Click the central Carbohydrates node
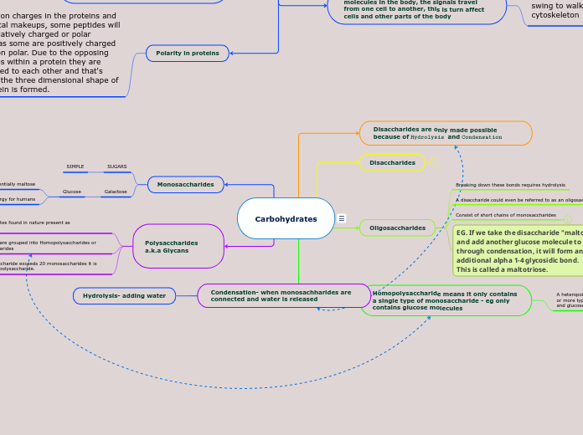point(286,218)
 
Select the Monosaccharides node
point(185,184)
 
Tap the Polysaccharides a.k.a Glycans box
point(178,247)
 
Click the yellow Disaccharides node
point(392,162)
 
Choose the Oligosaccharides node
point(397,227)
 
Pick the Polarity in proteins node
point(188,53)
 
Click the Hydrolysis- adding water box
point(124,295)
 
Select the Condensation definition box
point(283,295)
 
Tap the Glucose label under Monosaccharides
point(72,192)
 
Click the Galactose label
point(115,192)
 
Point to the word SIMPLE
point(75,166)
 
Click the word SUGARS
point(117,166)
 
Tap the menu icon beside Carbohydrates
point(342,218)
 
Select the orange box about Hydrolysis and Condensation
point(446,133)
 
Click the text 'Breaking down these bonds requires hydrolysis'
point(510,185)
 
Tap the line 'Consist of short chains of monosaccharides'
point(505,215)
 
